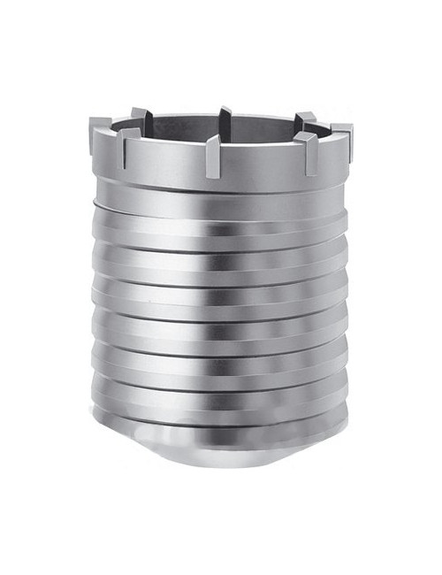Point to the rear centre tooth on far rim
pos(223,118)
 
